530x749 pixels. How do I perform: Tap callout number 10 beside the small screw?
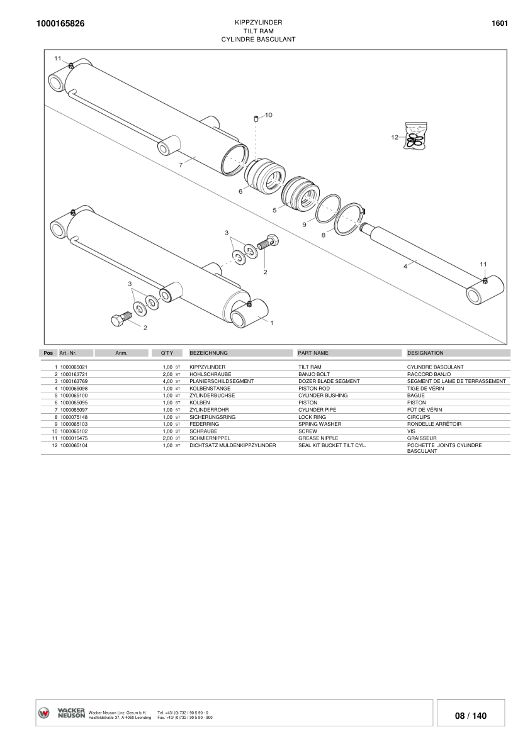268,115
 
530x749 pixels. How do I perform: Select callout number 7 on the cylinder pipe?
181,165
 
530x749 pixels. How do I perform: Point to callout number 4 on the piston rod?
405,266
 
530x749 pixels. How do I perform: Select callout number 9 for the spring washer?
304,224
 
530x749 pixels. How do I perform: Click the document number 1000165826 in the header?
61,24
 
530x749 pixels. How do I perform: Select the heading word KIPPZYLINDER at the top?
258,22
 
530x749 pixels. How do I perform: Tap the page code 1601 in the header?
500,23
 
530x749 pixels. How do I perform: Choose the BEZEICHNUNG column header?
208,353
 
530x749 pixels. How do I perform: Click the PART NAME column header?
313,353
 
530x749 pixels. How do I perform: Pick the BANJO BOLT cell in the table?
313,374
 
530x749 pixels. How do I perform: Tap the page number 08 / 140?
470,716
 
